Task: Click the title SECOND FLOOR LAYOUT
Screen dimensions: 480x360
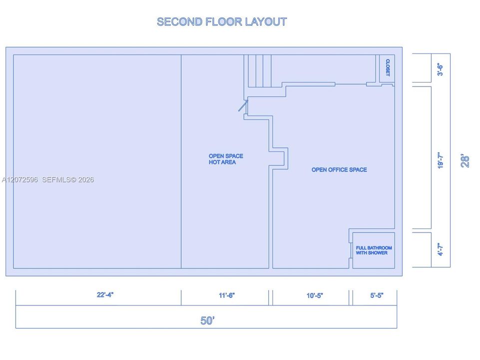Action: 222,22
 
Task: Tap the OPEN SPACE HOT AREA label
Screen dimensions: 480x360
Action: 226,159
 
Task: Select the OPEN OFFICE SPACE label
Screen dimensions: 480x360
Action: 339,169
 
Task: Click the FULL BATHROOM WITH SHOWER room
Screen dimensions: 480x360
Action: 374,250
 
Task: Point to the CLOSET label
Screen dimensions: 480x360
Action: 388,67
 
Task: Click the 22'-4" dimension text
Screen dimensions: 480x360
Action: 105,294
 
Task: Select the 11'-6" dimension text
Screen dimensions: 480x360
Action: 227,295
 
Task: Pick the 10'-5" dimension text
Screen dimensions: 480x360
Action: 315,295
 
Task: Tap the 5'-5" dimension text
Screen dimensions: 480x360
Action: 377,295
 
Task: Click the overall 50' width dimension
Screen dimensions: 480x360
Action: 208,320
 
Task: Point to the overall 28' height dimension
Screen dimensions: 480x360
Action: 465,160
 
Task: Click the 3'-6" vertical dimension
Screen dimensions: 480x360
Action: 440,69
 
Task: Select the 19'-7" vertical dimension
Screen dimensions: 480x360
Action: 441,160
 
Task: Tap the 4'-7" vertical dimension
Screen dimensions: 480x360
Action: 440,249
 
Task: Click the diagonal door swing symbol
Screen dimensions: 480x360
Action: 243,105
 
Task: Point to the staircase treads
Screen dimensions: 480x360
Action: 260,71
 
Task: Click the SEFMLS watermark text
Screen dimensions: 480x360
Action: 67,180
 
